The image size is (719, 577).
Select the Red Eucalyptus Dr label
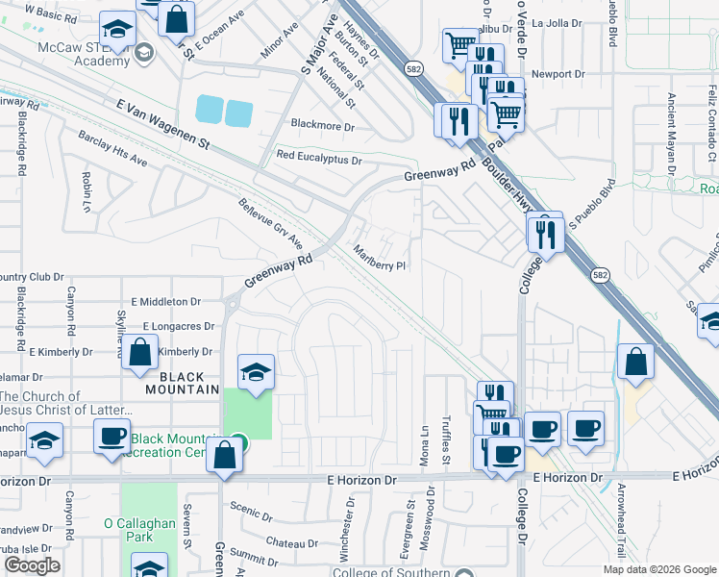318,156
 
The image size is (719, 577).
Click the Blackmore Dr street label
323,126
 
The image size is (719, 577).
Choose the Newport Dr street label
558,74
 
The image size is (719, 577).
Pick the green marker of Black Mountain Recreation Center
239,443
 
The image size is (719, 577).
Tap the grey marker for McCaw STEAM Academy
144,52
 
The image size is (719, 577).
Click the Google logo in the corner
33,565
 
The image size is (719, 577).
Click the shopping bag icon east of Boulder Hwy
636,362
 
